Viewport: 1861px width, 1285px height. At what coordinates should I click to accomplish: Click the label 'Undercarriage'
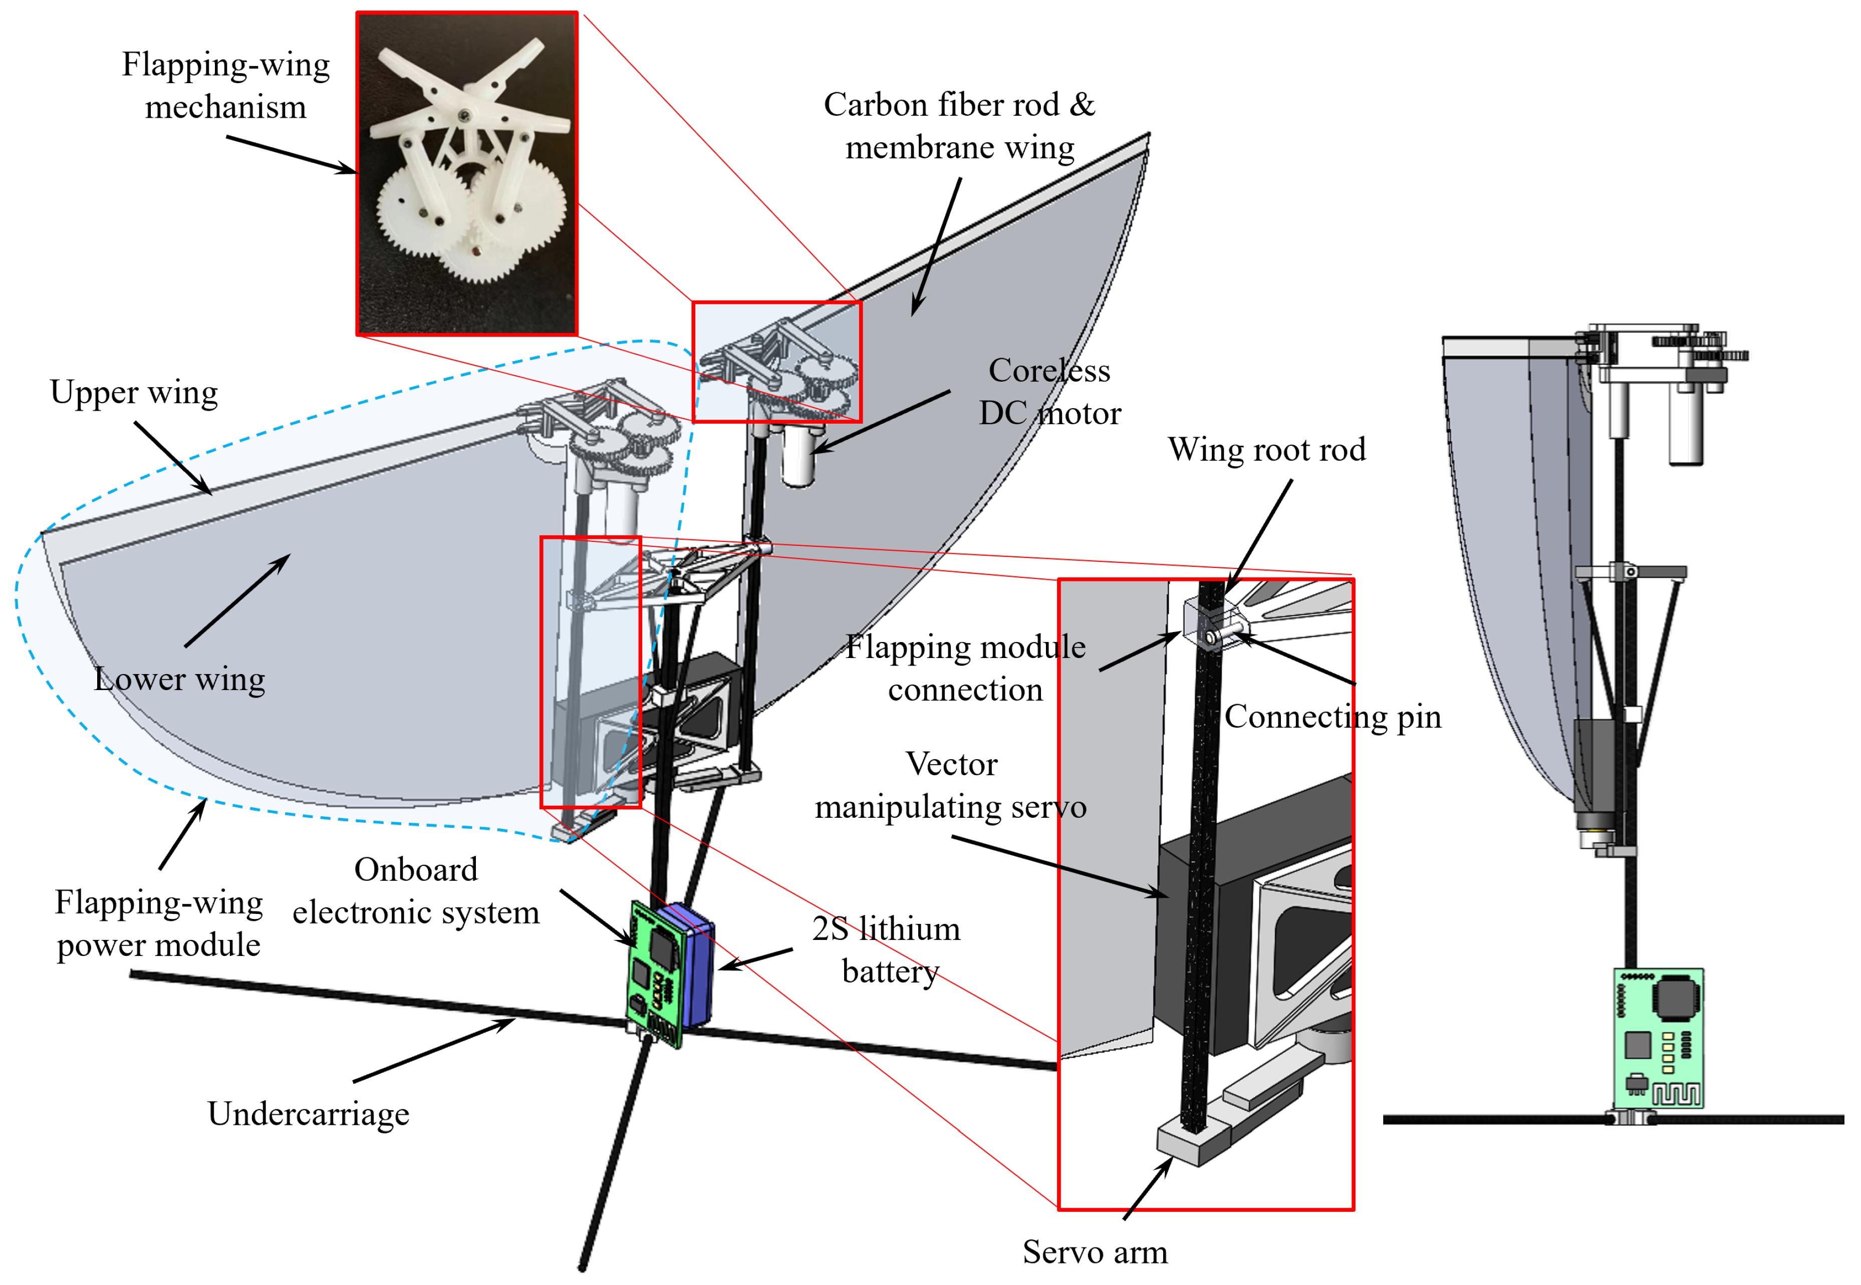309,1114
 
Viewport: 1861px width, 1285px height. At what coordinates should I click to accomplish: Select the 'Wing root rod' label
1267,449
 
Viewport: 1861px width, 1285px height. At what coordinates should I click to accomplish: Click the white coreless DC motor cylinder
799,457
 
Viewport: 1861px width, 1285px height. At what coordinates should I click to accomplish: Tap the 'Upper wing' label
134,392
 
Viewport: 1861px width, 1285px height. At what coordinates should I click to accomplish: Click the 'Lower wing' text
179,679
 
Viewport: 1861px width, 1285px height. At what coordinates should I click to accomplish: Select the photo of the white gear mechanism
467,173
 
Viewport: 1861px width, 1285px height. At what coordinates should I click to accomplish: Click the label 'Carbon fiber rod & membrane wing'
959,126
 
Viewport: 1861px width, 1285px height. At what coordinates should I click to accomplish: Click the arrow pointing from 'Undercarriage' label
435,1050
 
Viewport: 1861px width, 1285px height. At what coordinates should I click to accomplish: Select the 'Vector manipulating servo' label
950,785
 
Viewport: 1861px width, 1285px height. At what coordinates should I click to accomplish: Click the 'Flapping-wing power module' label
159,923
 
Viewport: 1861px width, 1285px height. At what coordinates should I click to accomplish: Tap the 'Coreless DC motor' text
1049,392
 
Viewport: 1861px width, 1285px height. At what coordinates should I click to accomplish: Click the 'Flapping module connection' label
965,668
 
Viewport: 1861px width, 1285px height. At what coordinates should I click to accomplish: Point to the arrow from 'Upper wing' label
173,457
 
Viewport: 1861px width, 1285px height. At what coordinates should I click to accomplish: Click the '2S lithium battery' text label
887,950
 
